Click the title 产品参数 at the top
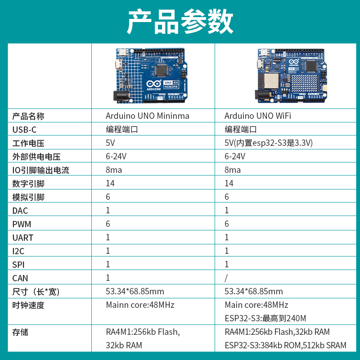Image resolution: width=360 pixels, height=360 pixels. tap(180, 21)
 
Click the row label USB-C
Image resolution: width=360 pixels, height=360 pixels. tap(24, 130)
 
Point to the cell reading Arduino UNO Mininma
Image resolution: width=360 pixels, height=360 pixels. tap(147, 116)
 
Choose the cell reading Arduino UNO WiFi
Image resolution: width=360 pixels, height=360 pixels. tap(257, 116)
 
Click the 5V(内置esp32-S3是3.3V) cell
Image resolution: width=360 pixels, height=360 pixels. tap(268, 143)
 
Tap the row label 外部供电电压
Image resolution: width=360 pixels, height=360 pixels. tap(36, 157)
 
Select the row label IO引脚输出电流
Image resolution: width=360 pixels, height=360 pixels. tap(41, 170)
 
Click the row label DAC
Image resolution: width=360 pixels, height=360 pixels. tap(20, 211)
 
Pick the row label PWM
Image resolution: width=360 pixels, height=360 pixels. tap(22, 224)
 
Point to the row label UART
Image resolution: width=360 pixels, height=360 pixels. tap(22, 238)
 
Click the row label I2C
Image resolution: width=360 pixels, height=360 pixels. tap(18, 251)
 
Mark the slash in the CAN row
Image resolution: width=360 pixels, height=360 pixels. tap(226, 278)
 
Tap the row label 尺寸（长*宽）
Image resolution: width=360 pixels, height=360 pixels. tap(36, 292)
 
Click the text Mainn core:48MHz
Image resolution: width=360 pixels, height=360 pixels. tap(139, 305)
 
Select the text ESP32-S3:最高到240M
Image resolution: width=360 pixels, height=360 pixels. tap(265, 319)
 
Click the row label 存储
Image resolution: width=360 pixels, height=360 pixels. tap(20, 332)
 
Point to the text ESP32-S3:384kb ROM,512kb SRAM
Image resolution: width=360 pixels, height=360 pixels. tap(285, 346)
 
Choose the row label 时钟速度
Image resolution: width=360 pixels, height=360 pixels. tap(28, 305)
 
